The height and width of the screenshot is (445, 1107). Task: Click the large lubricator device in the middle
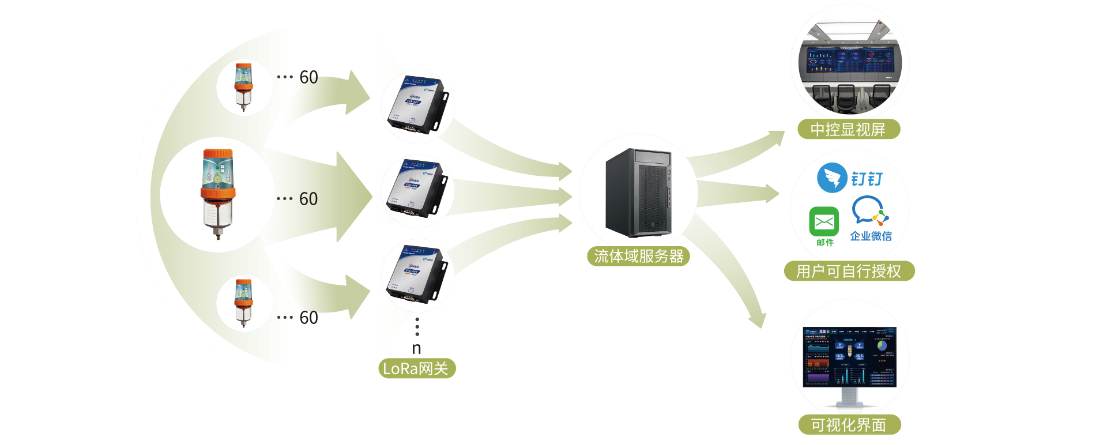pos(217,193)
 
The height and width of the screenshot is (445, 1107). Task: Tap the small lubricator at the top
pos(243,86)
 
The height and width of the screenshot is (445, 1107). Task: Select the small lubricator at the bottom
pos(243,302)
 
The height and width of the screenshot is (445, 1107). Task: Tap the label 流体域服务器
pos(638,257)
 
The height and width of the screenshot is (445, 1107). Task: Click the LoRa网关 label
pos(416,368)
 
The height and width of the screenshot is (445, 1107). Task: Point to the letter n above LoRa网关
pos(416,348)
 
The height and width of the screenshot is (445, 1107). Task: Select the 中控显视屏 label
pos(848,130)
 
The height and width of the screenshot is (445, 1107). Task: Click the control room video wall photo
pos(849,63)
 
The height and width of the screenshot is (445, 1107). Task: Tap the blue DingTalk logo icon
pos(831,178)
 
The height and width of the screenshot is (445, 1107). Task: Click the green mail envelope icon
pos(824,221)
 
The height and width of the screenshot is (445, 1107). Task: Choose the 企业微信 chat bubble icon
pos(869,210)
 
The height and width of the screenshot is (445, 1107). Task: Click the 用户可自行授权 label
pos(849,271)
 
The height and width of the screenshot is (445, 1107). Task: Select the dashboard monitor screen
pos(849,357)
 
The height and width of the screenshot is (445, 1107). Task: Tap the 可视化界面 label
pos(849,425)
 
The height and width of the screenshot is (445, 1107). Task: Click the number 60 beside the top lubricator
pos(308,77)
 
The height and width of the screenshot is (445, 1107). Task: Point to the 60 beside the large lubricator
pos(308,199)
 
